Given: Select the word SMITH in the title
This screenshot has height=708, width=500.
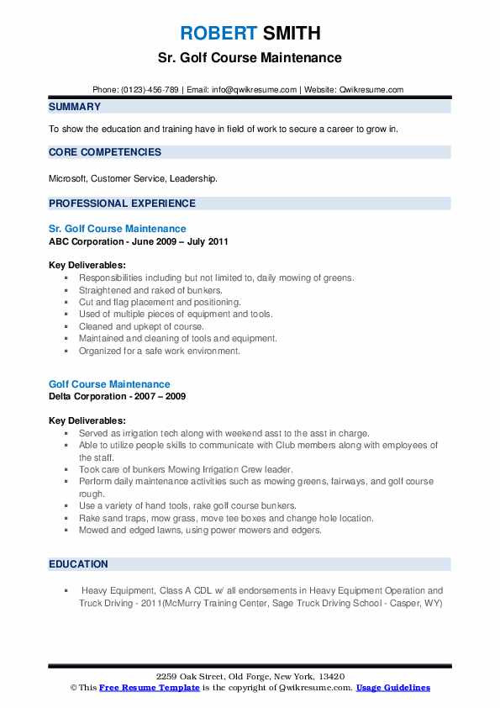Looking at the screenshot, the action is point(290,33).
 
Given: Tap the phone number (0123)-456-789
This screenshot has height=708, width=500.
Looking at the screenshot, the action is point(147,89).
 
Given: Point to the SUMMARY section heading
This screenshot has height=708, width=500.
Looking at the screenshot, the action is point(75,107).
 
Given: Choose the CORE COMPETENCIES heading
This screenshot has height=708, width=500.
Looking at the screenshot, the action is point(105,152).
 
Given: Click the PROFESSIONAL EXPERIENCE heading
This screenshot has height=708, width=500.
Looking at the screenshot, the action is point(122,203).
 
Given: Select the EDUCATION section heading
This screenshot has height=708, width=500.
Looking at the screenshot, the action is point(78,563).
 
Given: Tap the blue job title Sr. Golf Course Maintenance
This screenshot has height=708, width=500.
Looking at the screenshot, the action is point(118,228).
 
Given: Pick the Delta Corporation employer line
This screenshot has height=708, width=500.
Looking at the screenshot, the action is point(118,396).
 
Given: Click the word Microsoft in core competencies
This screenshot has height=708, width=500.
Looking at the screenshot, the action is point(68,178).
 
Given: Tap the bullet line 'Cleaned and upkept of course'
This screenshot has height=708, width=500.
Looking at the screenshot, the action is point(141,326).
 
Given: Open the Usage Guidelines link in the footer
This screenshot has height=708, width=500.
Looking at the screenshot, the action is point(392,688).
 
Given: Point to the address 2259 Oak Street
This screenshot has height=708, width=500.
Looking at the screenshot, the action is point(250,676).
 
